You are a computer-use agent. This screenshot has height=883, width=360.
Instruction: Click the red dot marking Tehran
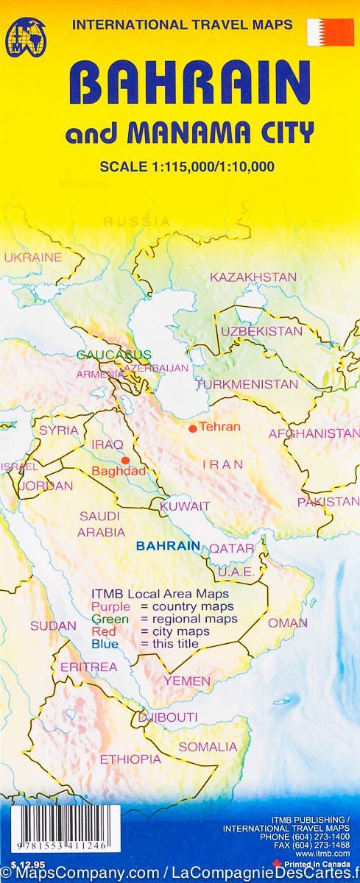pos(192,428)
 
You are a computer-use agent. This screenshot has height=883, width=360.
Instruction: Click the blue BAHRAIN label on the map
pos(169,546)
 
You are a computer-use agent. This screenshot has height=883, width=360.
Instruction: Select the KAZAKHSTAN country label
pos(253,277)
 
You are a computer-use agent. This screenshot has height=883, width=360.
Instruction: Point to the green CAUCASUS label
pos(114,355)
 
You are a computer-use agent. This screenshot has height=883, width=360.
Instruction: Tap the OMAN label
pos(287,623)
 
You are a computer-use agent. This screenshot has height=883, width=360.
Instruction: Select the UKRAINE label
pos(33,258)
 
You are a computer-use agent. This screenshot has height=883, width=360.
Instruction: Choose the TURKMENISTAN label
pos(247,384)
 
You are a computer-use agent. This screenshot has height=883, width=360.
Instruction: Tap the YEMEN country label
pos(187,681)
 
